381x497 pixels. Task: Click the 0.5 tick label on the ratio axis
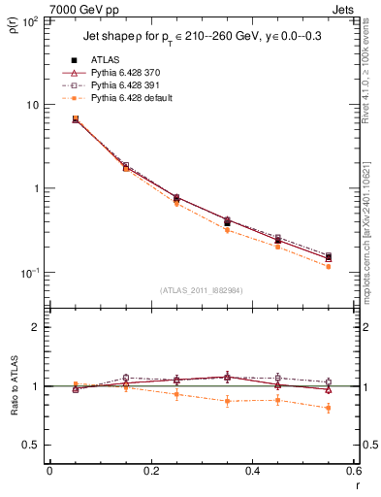point(32,445)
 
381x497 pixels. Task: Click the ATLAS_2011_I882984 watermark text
point(201,290)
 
